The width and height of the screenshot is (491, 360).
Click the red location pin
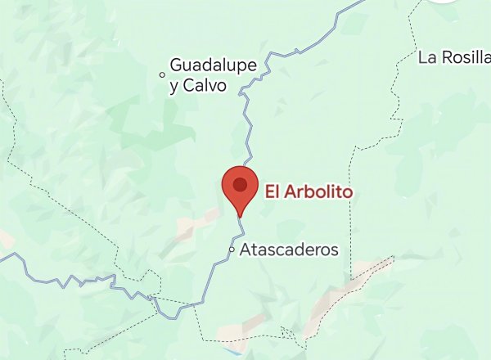(239, 188)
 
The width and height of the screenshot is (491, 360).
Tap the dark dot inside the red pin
(239, 184)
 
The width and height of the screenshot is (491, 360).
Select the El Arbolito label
(309, 191)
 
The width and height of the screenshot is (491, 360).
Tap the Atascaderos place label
(289, 250)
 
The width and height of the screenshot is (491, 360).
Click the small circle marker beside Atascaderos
(232, 249)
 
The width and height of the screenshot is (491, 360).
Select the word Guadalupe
(214, 65)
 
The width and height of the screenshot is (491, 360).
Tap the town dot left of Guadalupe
(161, 74)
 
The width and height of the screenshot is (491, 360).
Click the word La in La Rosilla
(426, 57)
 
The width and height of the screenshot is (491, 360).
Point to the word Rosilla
(466, 57)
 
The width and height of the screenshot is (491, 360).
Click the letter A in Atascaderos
(245, 250)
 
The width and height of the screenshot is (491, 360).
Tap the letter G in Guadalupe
(176, 65)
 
